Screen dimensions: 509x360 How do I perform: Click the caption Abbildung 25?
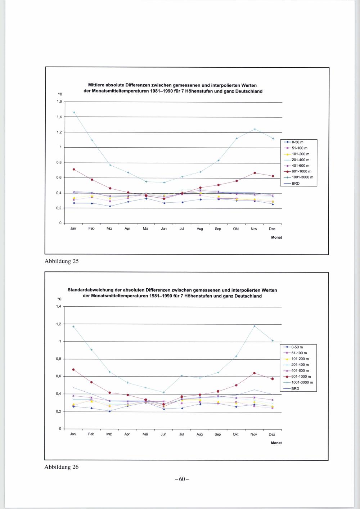click(61, 261)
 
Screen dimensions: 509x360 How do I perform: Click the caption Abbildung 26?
click(61, 467)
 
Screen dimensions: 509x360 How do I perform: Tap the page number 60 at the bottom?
click(182, 479)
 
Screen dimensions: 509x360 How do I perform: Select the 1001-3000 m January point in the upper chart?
click(74, 112)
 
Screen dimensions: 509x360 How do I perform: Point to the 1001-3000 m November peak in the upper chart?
click(255, 129)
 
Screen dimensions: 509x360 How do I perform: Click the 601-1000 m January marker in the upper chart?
click(74, 169)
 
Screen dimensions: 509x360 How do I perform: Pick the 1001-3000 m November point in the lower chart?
click(254, 326)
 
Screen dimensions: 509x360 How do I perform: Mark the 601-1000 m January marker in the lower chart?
click(73, 369)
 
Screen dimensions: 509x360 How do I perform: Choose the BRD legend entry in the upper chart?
click(295, 183)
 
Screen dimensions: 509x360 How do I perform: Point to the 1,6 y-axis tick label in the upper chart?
click(59, 102)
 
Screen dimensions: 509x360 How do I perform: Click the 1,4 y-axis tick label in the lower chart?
click(59, 307)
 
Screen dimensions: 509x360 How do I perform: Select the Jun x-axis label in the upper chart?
click(164, 229)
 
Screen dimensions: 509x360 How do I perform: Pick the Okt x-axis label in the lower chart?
click(236, 434)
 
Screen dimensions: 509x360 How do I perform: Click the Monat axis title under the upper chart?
click(276, 238)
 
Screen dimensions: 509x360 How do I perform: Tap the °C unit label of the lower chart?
click(59, 299)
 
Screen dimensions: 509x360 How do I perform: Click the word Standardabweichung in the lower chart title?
click(90, 290)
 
